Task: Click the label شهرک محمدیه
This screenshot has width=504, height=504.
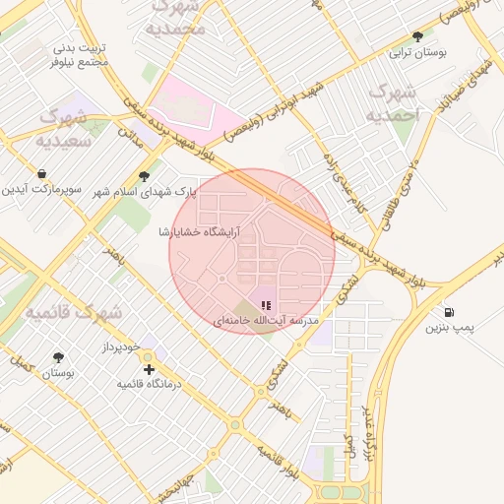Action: point(183,17)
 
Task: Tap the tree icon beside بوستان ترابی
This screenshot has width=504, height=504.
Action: point(417,36)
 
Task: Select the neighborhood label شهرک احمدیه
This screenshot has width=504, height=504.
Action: point(393,103)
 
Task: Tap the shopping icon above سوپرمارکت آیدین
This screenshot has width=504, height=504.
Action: point(41,173)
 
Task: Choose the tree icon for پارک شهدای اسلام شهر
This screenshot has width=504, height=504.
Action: point(145,176)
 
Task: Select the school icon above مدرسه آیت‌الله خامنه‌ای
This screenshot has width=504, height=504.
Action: point(266,306)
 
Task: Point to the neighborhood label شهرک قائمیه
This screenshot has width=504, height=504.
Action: point(72,313)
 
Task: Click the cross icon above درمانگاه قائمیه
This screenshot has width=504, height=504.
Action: point(149,369)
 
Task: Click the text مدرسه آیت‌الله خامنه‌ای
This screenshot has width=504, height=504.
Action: point(265,322)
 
